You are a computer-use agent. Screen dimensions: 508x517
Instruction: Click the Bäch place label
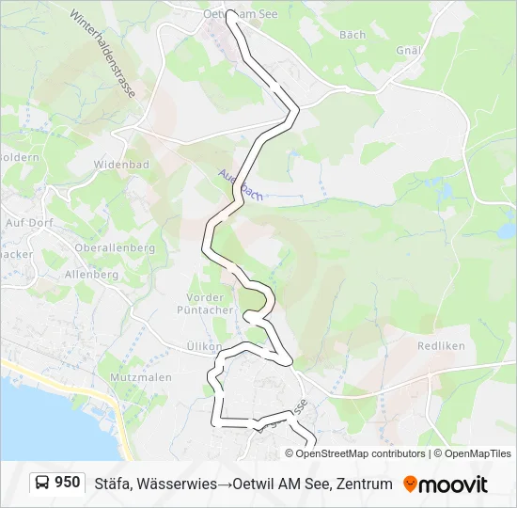(352, 35)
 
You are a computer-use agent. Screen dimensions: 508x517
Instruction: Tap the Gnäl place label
(407, 49)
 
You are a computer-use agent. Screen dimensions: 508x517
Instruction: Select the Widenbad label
(121, 164)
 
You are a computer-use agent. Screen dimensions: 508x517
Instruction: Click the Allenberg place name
(91, 275)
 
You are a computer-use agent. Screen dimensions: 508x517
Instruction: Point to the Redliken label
(441, 345)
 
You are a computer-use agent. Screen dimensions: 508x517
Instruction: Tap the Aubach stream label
(240, 183)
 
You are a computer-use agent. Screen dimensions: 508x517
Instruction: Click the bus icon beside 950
(43, 484)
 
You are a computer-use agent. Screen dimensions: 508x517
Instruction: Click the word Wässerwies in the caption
(178, 484)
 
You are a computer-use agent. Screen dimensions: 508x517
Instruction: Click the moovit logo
(446, 484)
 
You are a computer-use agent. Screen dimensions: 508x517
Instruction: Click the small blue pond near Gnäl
(507, 230)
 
